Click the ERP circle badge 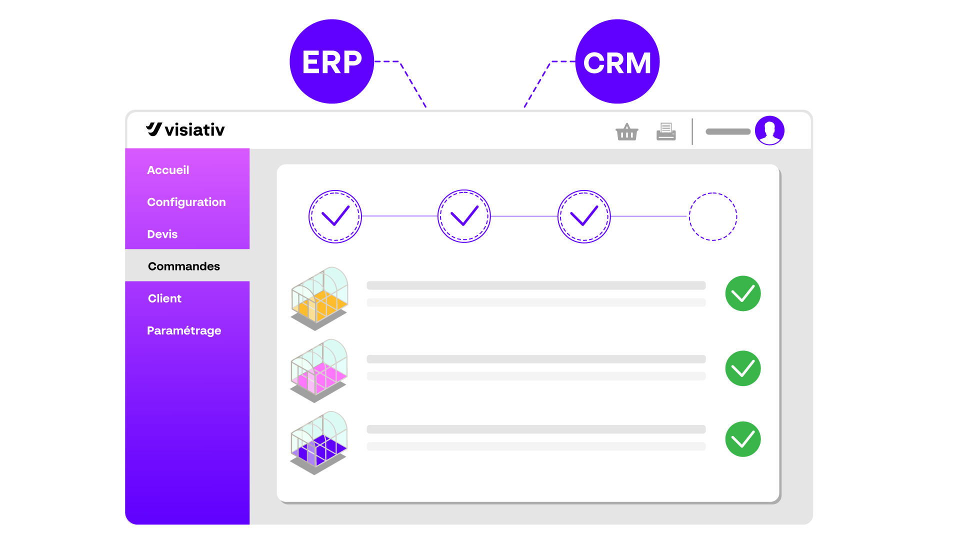point(331,61)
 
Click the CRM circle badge point(617,61)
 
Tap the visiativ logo point(185,129)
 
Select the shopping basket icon point(626,132)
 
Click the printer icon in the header point(666,132)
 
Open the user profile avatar point(769,130)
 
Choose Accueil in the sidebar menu point(168,170)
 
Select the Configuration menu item point(186,202)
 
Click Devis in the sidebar point(162,234)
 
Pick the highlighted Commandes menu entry point(184,266)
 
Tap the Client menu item point(164,298)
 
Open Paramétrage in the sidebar point(184,330)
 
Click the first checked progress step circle point(335,216)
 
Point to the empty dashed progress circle point(713,216)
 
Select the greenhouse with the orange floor point(319,298)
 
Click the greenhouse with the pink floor point(319,370)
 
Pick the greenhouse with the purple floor point(319,442)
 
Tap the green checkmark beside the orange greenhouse point(743,293)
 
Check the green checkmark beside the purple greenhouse point(743,439)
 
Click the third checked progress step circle point(584,216)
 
